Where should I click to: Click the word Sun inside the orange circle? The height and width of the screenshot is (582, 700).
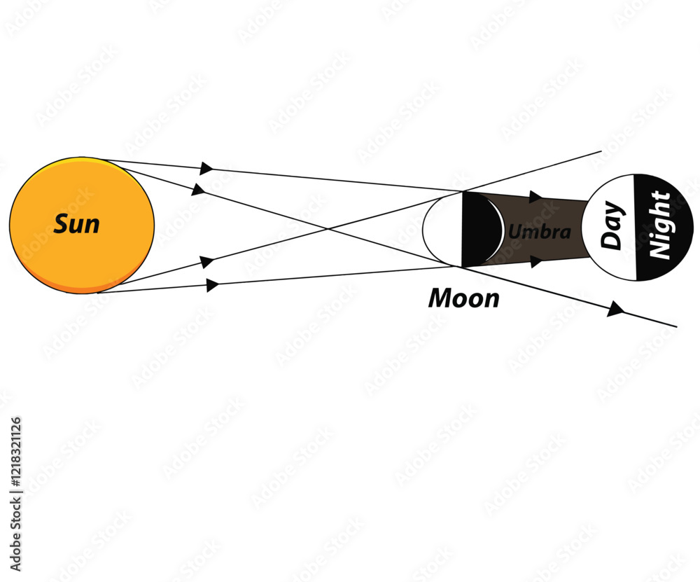tap(76, 224)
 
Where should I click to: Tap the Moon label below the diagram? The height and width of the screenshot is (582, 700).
tap(464, 298)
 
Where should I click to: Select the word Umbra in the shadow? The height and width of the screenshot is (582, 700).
tap(539, 232)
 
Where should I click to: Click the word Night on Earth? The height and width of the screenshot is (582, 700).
tap(660, 225)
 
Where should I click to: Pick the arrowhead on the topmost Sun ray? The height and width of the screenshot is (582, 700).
tap(206, 168)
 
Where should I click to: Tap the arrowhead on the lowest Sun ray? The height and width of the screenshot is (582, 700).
tap(213, 284)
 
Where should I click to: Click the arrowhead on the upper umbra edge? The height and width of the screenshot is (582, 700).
tap(535, 197)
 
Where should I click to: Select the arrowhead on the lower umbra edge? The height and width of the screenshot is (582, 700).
tap(536, 261)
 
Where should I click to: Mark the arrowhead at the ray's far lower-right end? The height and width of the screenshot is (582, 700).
tap(615, 309)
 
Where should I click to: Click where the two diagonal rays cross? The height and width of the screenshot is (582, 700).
tap(329, 229)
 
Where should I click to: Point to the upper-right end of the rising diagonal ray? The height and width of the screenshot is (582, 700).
tap(601, 151)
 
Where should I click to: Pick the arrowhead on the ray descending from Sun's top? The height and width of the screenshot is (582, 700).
tap(198, 189)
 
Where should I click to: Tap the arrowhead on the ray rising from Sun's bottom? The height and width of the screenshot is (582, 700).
tap(207, 261)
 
